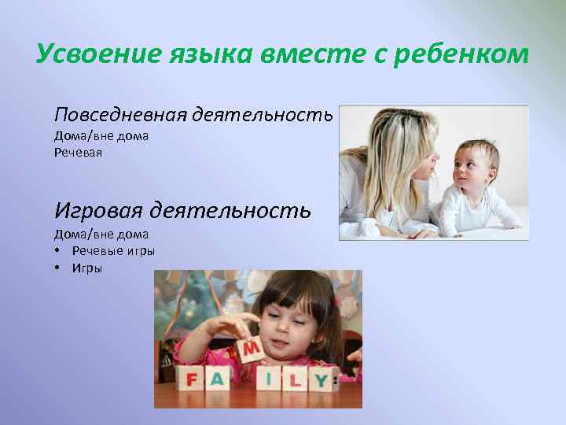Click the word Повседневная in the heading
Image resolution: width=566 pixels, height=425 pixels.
coord(119,116)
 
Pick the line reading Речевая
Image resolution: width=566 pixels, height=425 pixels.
coord(78,152)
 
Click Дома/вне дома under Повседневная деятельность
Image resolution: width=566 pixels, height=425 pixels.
coord(101,136)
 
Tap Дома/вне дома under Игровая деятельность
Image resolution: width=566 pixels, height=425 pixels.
coord(101,234)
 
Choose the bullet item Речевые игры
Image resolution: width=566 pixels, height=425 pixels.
coord(113,251)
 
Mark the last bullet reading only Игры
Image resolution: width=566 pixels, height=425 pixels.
coord(87,268)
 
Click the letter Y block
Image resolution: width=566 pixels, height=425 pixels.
coord(321,380)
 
